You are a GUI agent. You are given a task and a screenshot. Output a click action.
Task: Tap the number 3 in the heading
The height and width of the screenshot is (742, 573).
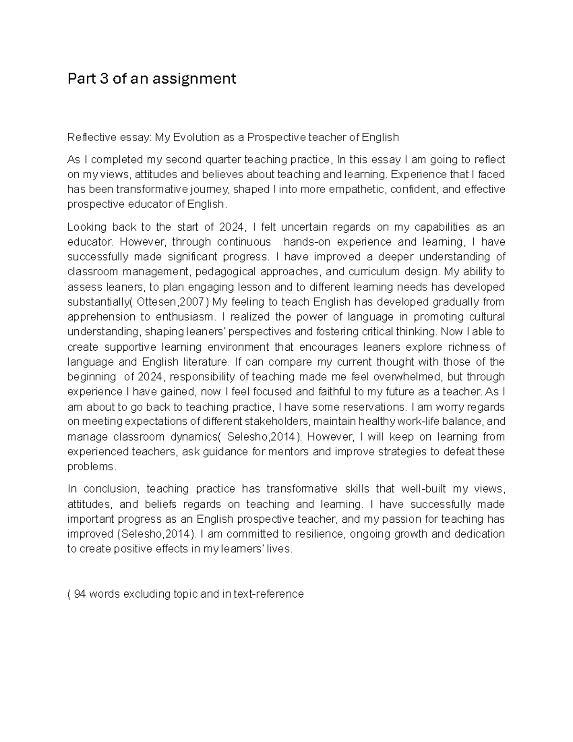point(104,78)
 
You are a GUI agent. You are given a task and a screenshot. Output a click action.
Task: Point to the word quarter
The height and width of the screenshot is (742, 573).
point(224,159)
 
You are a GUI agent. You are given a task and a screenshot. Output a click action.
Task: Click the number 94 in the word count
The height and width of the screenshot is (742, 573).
point(79,594)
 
